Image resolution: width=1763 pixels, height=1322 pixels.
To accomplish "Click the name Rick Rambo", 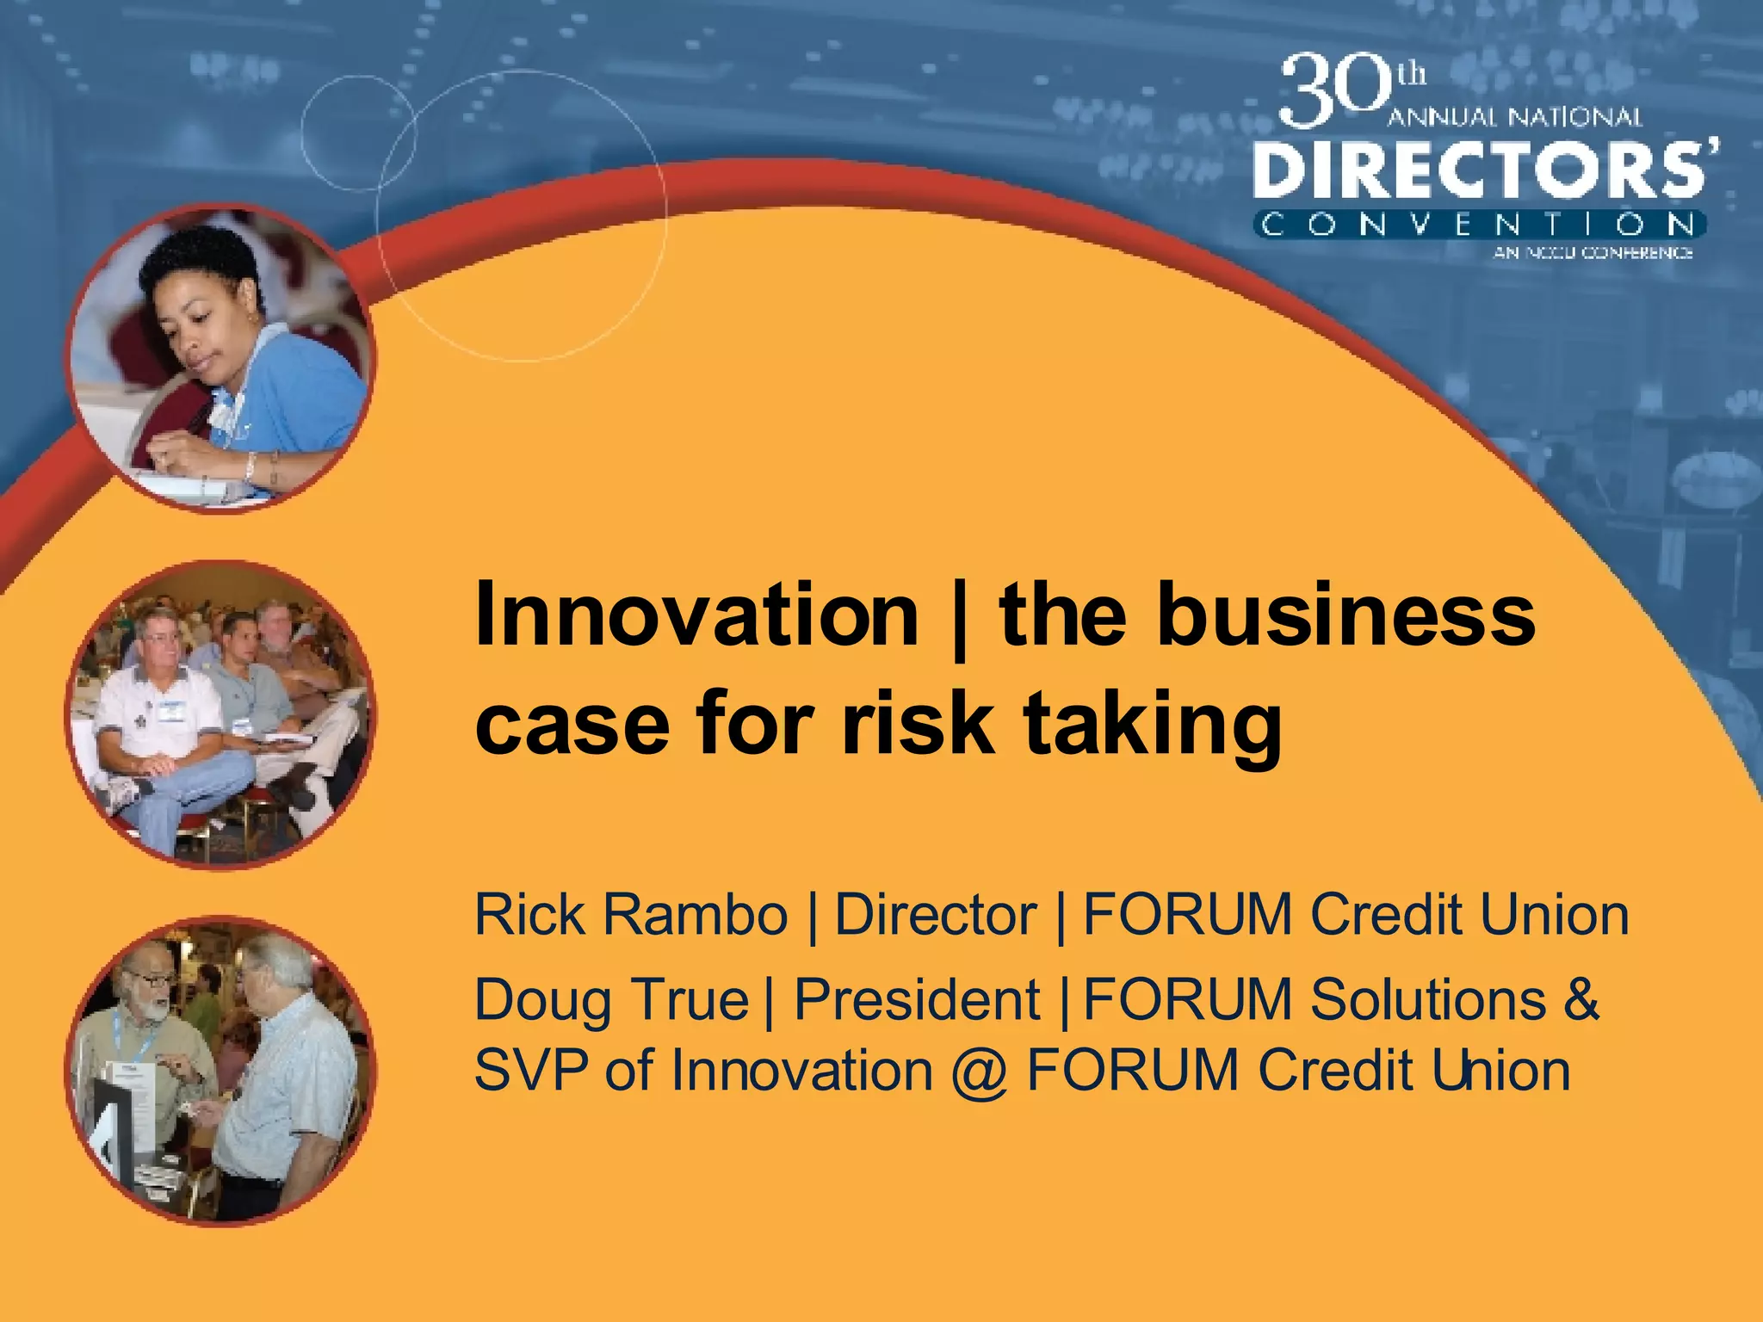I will pyautogui.click(x=631, y=914).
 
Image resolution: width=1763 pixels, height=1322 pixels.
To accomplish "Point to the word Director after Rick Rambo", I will pyautogui.click(x=936, y=914).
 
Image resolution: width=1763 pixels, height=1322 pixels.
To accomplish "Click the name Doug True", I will pyautogui.click(x=611, y=1000).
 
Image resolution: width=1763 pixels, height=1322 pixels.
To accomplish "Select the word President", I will pyautogui.click(x=917, y=1000).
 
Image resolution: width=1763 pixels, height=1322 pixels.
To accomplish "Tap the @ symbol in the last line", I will pyautogui.click(x=980, y=1072).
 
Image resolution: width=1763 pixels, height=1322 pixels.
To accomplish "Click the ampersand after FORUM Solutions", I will pyautogui.click(x=1581, y=1000).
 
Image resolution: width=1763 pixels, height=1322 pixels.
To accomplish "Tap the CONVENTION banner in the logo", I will pyautogui.click(x=1479, y=225).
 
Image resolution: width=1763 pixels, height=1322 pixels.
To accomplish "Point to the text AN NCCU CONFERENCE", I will pyautogui.click(x=1593, y=253).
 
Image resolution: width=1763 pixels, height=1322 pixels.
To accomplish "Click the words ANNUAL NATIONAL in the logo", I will pyautogui.click(x=1515, y=118).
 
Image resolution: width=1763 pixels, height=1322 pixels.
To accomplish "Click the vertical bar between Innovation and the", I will pyautogui.click(x=959, y=618).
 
